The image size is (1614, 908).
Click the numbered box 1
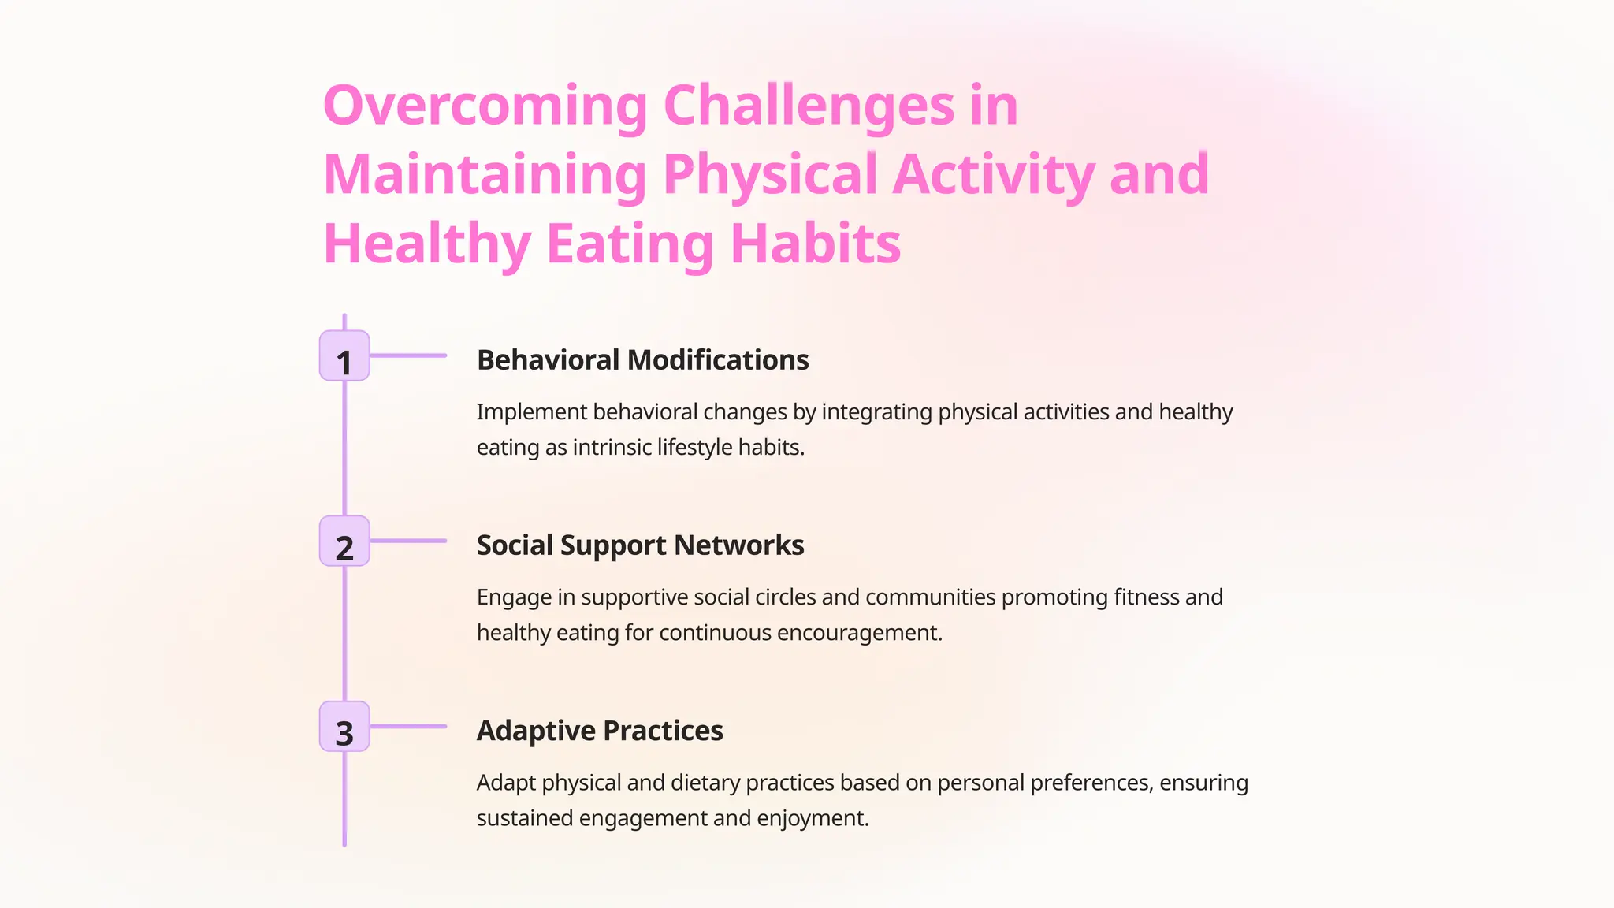344,356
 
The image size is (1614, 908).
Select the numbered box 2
344,541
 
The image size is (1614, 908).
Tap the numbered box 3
344,727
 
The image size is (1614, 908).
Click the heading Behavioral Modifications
642,360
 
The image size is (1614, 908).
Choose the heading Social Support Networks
640,545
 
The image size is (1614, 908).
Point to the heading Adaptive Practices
600,731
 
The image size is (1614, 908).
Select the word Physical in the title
770,174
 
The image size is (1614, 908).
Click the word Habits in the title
815,244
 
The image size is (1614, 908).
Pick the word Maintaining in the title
485,174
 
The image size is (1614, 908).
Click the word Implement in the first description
531,412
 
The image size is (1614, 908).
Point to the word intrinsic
612,448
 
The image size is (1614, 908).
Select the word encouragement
859,633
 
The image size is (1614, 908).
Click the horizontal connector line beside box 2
408,541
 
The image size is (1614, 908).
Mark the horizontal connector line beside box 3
408,726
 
